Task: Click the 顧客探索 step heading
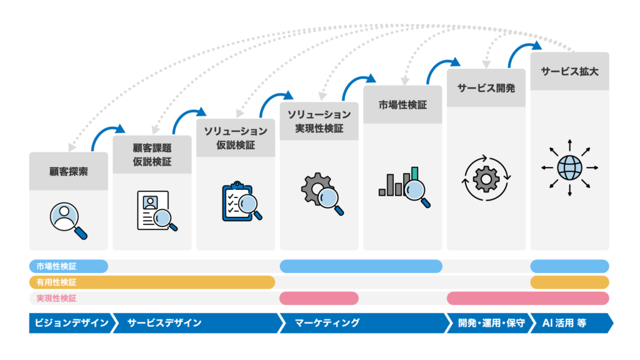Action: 69,171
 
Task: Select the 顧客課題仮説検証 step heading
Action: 152,155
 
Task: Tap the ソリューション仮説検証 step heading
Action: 236,139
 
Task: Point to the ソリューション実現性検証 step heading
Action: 319,121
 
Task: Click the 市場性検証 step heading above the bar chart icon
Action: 402,105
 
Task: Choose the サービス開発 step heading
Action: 486,88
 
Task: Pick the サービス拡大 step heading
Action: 569,71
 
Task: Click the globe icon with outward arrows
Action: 569,167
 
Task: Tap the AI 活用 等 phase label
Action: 568,323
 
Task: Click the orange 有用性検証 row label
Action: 56,282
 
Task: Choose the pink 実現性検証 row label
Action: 56,298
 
